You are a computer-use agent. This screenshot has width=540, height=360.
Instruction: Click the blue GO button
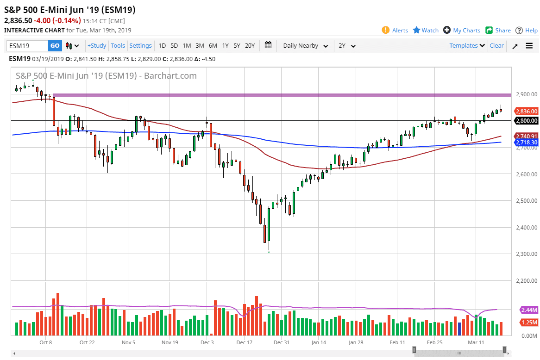pyautogui.click(x=55, y=46)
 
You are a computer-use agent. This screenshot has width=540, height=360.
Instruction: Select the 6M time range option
pyautogui.click(x=213, y=46)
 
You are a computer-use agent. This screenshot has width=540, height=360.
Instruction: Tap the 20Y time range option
pyautogui.click(x=250, y=46)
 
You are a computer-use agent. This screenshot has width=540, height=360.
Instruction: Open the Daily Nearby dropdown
pyautogui.click(x=305, y=46)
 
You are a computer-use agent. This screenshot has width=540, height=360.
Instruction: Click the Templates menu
pyautogui.click(x=467, y=45)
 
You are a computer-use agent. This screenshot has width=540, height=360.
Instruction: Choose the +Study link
pyautogui.click(x=97, y=46)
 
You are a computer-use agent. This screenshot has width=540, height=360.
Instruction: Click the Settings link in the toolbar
pyautogui.click(x=140, y=46)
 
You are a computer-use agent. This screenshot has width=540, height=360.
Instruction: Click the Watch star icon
pyautogui.click(x=416, y=30)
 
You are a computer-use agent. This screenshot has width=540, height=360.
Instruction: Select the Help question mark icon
pyautogui.click(x=519, y=30)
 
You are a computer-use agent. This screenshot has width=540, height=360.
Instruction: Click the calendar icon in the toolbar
pyautogui.click(x=268, y=45)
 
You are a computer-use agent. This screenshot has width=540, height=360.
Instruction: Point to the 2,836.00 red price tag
pyautogui.click(x=527, y=111)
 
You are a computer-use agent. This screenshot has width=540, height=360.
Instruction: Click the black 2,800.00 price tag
pyautogui.click(x=527, y=120)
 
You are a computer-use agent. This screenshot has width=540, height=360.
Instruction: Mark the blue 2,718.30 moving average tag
pyautogui.click(x=527, y=143)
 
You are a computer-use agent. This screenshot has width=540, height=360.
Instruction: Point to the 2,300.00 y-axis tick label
pyautogui.click(x=526, y=254)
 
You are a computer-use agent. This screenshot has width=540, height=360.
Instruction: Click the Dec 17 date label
pyautogui.click(x=244, y=343)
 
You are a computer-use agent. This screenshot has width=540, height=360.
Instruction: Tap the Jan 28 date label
pyautogui.click(x=356, y=343)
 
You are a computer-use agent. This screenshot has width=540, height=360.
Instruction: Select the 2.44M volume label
pyautogui.click(x=528, y=310)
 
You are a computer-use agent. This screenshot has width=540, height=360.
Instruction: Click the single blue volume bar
pyautogui.click(x=459, y=329)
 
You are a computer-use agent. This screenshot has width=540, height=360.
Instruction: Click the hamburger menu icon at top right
pyautogui.click(x=529, y=46)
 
